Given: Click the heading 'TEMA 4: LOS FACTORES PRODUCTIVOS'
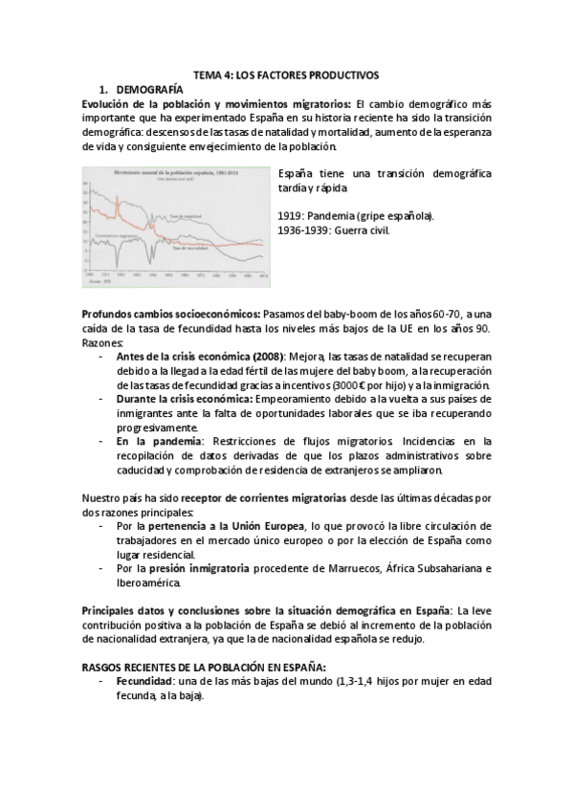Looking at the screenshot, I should pyautogui.click(x=287, y=73).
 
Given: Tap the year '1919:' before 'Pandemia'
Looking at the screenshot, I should pyautogui.click(x=291, y=216).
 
